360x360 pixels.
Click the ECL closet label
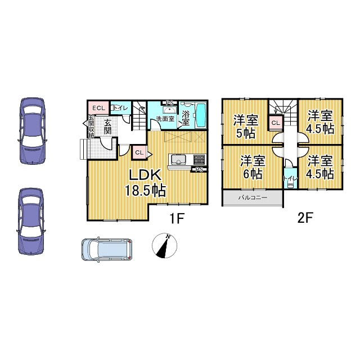(x=99, y=108)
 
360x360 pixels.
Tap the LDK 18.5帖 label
(x=145, y=183)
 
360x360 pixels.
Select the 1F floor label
(x=177, y=218)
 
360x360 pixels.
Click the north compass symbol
(x=164, y=245)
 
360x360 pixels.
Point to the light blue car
(x=107, y=250)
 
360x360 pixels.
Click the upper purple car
(x=32, y=131)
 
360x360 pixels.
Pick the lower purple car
(x=31, y=221)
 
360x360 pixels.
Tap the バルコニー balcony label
(x=253, y=197)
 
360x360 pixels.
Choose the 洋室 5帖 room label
(x=246, y=127)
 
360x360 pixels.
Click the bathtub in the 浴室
(x=201, y=115)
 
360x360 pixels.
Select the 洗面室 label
(x=165, y=119)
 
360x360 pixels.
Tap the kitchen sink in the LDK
(x=178, y=159)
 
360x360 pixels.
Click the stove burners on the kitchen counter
(x=199, y=159)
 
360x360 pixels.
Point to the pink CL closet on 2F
(x=276, y=123)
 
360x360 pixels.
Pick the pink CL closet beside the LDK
(x=139, y=152)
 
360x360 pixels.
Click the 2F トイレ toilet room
(x=290, y=178)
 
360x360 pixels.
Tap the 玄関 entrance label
(x=107, y=127)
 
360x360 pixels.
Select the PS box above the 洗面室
(x=170, y=102)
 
